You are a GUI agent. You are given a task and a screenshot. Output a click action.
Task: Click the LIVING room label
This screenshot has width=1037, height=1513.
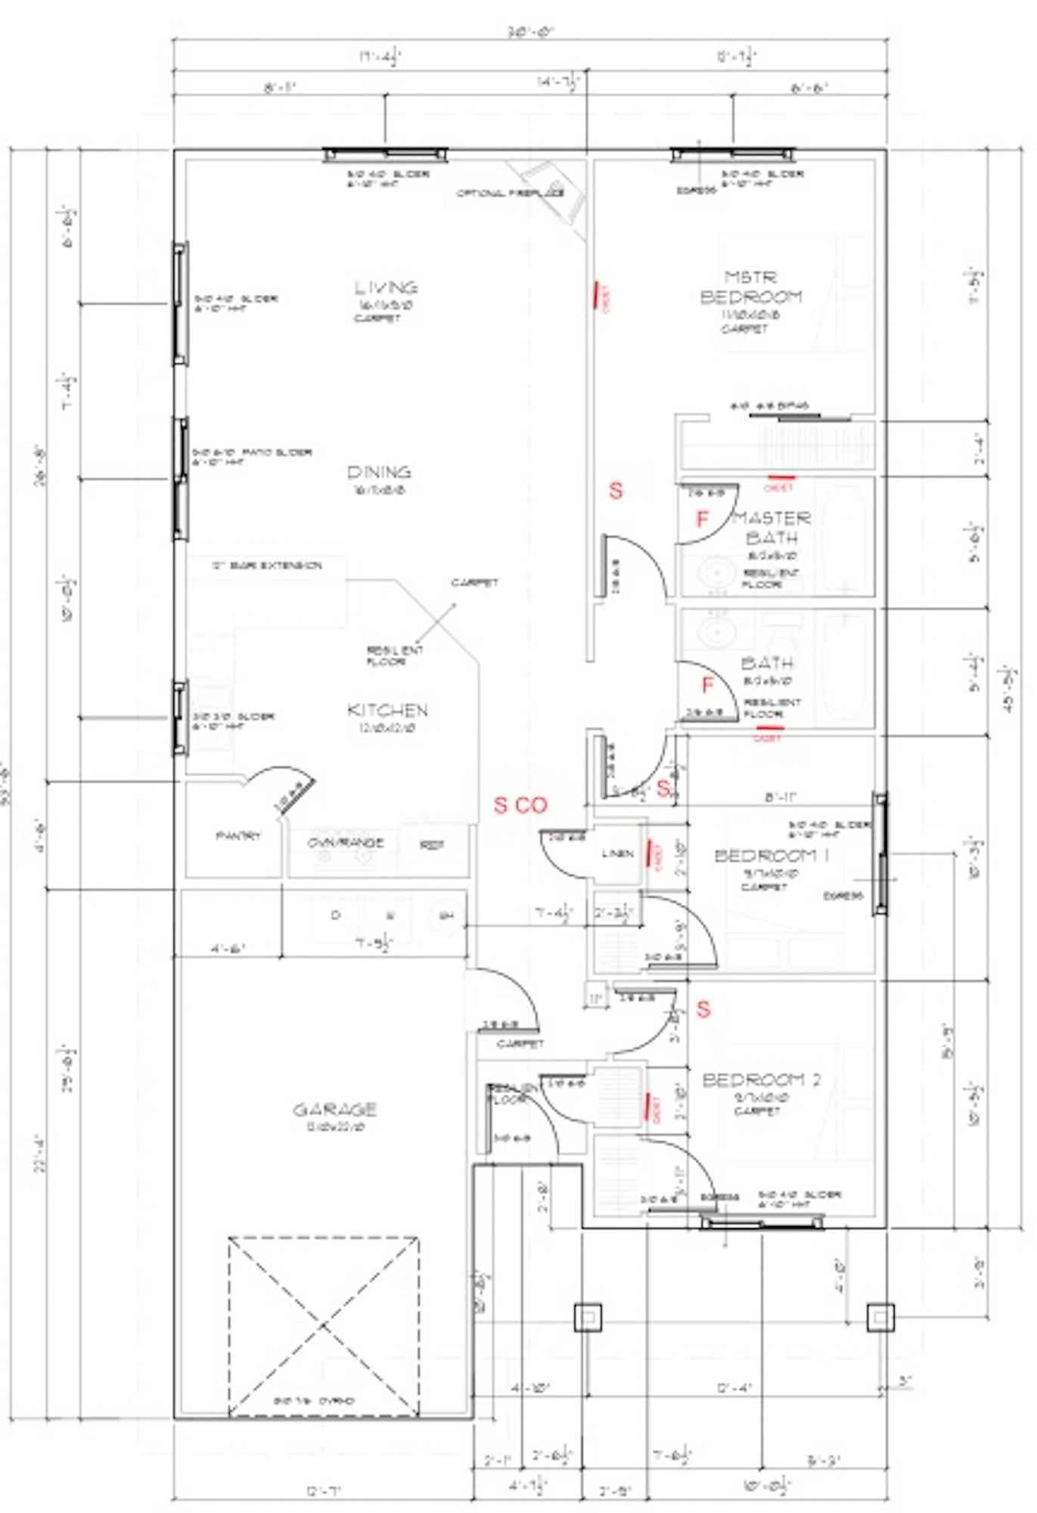click(x=386, y=287)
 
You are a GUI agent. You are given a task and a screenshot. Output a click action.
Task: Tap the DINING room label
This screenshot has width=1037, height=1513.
click(x=379, y=472)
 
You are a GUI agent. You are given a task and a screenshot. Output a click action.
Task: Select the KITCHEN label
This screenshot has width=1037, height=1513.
click(x=387, y=710)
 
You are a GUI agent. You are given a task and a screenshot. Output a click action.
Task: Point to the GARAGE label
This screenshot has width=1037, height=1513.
click(x=334, y=1110)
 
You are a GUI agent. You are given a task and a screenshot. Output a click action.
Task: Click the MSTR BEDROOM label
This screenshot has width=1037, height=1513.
click(x=750, y=287)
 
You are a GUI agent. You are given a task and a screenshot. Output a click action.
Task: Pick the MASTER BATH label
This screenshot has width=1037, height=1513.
click(x=772, y=527)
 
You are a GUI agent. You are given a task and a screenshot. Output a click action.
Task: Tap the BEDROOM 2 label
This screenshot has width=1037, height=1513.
click(x=761, y=1080)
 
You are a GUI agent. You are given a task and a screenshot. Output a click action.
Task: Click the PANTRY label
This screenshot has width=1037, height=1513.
click(x=238, y=836)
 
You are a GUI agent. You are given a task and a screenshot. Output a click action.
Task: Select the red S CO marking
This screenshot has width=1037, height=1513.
click(x=520, y=806)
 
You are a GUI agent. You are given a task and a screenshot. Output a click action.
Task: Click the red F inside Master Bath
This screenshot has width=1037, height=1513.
click(x=703, y=519)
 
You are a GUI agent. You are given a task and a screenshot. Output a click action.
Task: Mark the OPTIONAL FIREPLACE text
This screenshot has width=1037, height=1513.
click(x=510, y=194)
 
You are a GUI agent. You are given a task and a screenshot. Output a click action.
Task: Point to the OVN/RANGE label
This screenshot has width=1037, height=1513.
click(x=345, y=843)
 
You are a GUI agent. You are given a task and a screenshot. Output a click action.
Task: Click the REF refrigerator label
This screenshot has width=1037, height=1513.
click(x=432, y=845)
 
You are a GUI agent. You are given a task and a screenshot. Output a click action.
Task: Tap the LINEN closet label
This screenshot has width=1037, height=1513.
click(x=618, y=854)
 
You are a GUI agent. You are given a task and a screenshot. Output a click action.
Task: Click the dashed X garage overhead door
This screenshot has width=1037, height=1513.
click(x=323, y=1325)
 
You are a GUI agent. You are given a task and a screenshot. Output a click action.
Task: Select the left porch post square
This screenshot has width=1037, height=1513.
click(x=588, y=1317)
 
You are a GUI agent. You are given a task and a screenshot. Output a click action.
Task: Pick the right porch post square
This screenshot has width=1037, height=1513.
click(x=880, y=1317)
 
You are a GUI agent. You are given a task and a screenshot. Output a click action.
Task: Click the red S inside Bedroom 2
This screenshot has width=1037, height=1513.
click(x=703, y=1008)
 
